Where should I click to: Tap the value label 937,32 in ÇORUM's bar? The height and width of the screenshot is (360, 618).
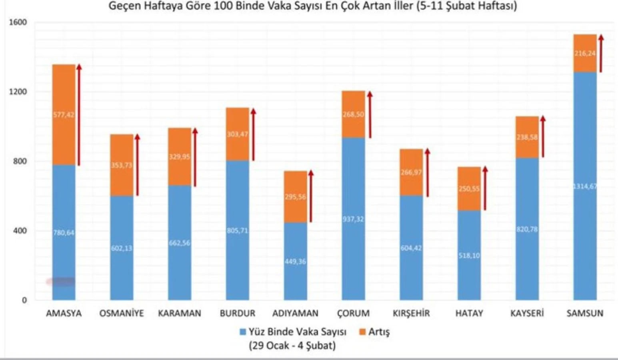353,219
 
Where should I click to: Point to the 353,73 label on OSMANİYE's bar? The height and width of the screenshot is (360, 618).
122,165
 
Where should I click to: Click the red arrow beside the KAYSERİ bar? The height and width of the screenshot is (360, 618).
543,136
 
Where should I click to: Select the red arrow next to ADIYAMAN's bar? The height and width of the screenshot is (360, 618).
311,196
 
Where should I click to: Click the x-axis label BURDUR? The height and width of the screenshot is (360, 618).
237,313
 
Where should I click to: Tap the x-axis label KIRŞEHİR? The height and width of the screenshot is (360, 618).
411,313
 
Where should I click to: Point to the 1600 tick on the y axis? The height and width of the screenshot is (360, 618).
18,22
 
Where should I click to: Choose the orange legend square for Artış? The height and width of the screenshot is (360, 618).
363,332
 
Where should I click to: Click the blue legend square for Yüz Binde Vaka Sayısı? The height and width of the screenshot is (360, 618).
242,332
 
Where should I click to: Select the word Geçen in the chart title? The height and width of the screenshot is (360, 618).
123,6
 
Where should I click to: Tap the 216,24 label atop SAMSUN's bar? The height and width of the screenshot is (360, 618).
584,53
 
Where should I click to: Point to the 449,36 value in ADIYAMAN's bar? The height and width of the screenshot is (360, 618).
295,262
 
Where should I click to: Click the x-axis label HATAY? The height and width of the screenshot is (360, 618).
469,313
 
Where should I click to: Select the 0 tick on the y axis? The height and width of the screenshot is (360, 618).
24,300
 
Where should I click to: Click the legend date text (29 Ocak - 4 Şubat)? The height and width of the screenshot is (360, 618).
292,345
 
